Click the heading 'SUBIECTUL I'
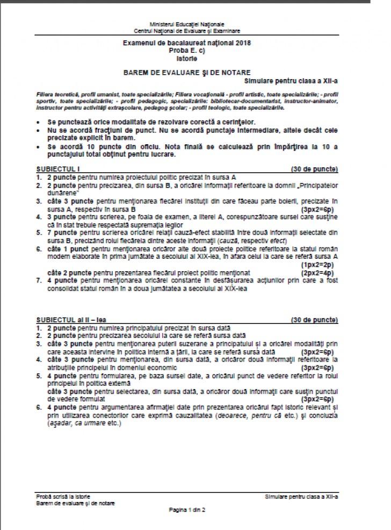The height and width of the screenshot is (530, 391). (x=54, y=169)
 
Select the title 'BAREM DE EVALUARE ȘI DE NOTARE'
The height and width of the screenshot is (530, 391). (x=186, y=72)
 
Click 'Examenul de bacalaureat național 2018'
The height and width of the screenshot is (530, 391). (x=187, y=42)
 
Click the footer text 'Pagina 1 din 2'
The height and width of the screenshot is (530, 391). (x=187, y=508)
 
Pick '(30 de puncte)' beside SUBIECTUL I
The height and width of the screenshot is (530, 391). (x=314, y=169)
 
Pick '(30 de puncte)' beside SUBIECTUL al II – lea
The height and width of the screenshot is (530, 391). (x=314, y=320)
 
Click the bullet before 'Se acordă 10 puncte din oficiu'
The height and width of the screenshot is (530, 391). (x=39, y=146)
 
